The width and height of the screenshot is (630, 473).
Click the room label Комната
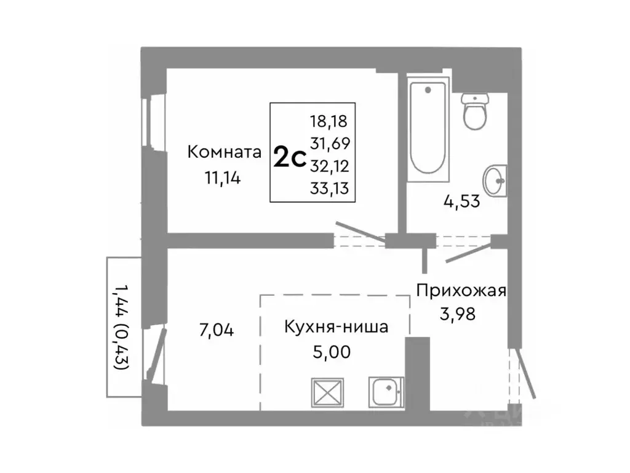(225, 152)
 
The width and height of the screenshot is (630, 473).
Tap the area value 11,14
(222, 178)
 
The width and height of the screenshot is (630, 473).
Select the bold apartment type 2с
(289, 158)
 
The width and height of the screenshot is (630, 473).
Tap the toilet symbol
(475, 111)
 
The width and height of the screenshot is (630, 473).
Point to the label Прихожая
(461, 290)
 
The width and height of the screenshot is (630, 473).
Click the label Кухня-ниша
(336, 327)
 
